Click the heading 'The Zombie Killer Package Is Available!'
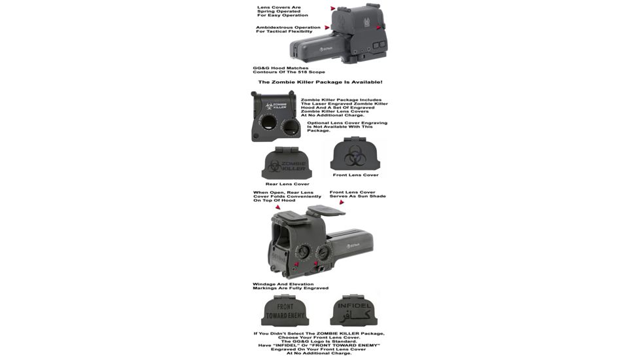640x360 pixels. pyautogui.click(x=320, y=82)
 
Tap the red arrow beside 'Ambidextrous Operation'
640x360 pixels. pyautogui.click(x=327, y=28)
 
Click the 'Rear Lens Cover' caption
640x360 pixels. pyautogui.click(x=287, y=184)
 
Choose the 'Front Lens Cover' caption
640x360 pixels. pyautogui.click(x=356, y=175)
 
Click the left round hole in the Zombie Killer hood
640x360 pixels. pyautogui.click(x=267, y=124)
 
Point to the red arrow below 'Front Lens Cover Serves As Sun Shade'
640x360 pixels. pyautogui.click(x=341, y=202)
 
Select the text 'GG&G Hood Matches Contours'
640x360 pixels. pyautogui.click(x=288, y=69)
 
